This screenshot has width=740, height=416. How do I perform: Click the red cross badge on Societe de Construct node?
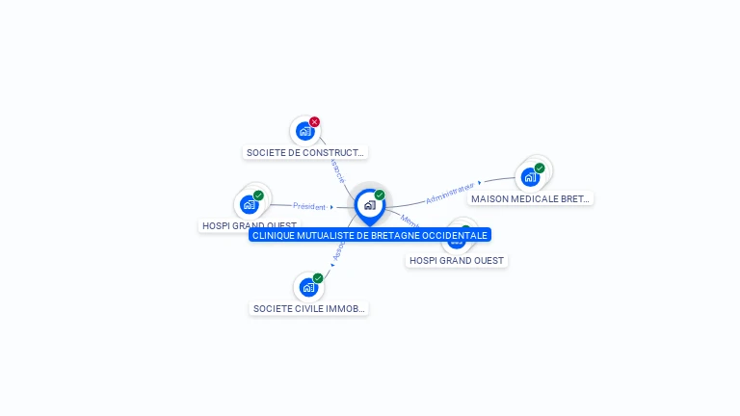314,122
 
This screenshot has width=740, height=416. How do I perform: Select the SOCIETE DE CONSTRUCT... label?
305,152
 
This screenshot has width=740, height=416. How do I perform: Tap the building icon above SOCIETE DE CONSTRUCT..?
304,131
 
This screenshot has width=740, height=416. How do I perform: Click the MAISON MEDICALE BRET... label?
530,198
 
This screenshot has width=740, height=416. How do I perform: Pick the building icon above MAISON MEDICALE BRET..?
529,177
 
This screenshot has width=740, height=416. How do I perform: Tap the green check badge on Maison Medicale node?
540,169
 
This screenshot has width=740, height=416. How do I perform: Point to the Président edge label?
309,206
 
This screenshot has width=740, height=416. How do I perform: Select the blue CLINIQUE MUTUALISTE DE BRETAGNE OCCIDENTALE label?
370,235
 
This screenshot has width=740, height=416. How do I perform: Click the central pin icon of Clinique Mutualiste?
369,205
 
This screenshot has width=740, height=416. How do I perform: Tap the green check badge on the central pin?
380,195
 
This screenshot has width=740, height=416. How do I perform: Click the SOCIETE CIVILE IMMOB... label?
308,308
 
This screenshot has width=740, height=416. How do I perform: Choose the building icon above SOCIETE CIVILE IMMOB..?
307,287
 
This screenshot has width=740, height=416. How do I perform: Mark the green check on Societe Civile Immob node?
318,278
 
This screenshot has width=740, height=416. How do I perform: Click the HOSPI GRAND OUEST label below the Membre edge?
457,260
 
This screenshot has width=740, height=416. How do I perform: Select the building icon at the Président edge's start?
249,204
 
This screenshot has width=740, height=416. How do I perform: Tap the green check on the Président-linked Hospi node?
258,195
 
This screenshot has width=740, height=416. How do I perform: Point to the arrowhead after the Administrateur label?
479,182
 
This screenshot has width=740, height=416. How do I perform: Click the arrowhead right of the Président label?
331,207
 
